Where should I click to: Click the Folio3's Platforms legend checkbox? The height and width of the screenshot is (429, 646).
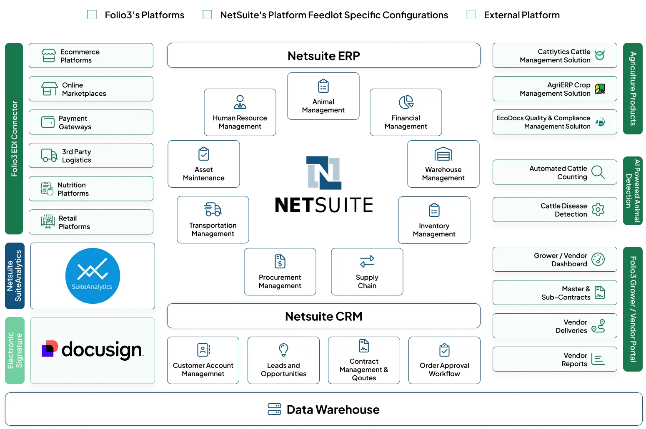coord(92,15)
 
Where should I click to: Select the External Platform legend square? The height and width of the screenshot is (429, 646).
coord(471,15)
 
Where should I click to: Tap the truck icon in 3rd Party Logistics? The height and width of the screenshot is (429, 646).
coord(49,156)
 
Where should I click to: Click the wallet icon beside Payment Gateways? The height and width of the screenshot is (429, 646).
coord(48,122)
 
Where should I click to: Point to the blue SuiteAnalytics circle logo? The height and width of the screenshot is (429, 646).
coord(93,276)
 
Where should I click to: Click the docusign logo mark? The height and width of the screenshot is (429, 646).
coord(50,349)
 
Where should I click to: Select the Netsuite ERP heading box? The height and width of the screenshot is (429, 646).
coord(323,56)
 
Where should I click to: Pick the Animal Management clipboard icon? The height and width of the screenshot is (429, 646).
coord(323,86)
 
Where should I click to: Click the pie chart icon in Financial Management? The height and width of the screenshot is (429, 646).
coord(406,102)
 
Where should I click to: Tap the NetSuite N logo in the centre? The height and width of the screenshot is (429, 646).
coord(324,173)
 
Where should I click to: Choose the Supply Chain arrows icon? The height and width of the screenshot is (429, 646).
coord(367,261)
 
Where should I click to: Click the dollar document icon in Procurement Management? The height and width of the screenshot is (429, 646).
coord(280,261)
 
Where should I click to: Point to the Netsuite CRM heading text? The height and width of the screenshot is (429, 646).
coord(323,316)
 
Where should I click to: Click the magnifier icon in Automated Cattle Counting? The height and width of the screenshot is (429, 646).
coord(598,172)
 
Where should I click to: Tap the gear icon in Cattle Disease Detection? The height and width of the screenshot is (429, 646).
coord(598,210)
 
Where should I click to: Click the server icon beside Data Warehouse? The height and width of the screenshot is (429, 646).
coord(274,409)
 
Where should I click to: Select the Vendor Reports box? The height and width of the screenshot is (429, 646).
coord(555,360)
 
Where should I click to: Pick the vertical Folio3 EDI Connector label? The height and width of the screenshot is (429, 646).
coord(14,139)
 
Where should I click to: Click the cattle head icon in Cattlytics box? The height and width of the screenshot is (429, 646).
coord(600,55)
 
